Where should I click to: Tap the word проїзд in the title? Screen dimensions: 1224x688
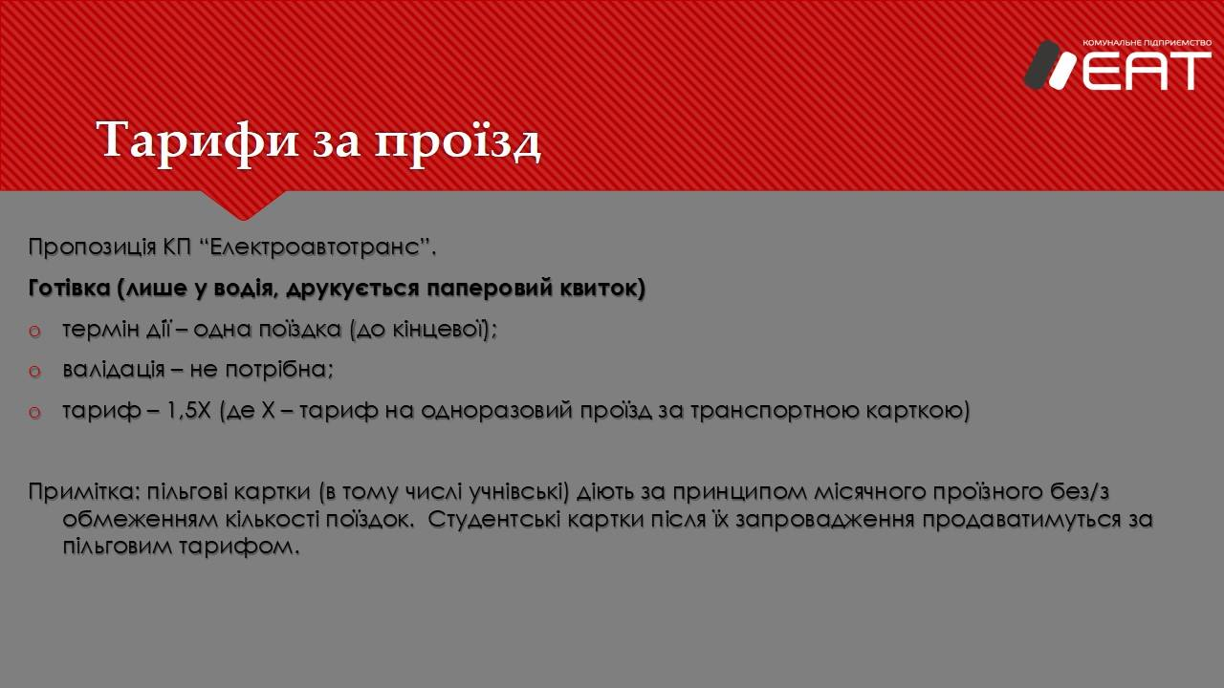pos(458,142)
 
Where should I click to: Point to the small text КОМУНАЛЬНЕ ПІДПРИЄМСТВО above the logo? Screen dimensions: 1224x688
pos(1147,43)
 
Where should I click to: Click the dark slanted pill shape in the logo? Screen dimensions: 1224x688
pos(1041,64)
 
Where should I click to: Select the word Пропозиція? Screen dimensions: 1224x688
pos(92,247)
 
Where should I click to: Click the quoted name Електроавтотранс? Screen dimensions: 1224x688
pos(315,247)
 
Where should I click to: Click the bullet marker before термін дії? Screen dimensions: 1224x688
pos(34,331)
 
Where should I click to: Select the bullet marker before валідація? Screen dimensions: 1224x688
pos(34,372)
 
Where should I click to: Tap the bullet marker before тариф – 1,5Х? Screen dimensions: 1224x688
pos(34,412)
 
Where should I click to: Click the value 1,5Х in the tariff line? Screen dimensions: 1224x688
pos(188,411)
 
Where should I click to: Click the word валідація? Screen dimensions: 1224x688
pos(114,370)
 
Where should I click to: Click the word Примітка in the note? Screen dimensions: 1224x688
pos(84,492)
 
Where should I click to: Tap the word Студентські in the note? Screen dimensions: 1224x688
pos(494,519)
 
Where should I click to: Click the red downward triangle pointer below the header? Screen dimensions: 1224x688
pos(244,204)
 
